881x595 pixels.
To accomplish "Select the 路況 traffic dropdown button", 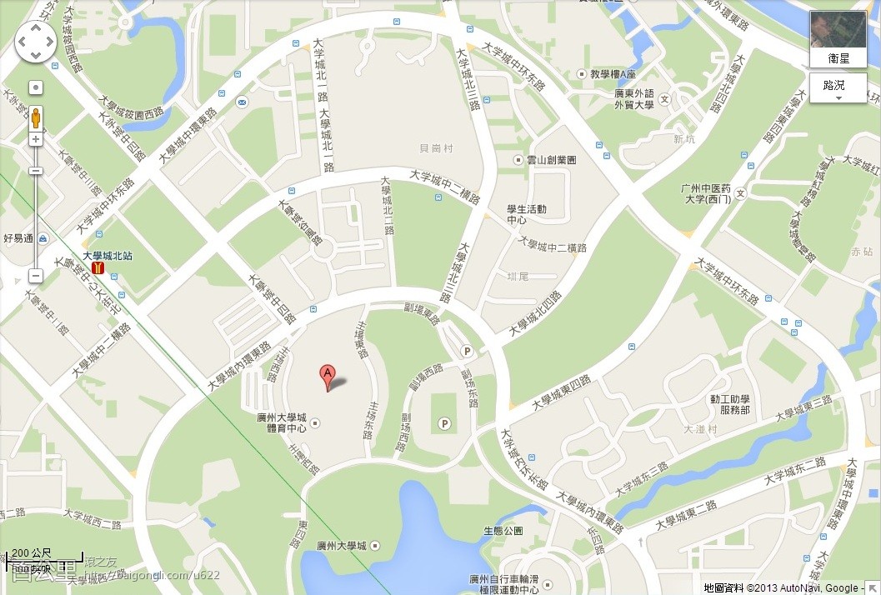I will tap(838, 88).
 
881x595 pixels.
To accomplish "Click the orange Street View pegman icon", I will tap(36, 117).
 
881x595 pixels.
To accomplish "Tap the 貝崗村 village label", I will tap(436, 148).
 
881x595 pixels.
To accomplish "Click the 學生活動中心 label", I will tap(527, 214).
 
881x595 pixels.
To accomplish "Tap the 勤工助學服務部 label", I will tap(729, 404).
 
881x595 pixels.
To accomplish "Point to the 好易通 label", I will tap(18, 238).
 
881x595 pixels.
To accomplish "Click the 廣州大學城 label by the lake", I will tap(342, 547).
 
